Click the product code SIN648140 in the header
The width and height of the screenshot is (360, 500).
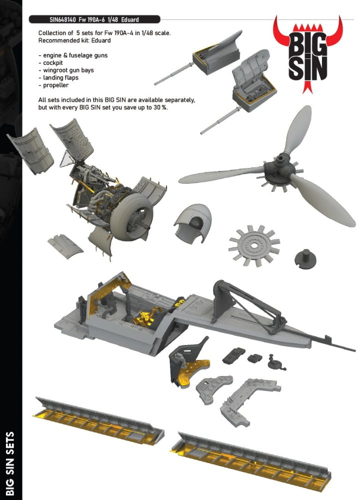coord(62,19)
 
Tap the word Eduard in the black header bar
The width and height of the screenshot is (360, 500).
coord(130,19)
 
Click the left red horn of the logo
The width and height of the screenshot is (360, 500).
coord(280,35)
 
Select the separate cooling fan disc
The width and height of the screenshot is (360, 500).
coord(254,246)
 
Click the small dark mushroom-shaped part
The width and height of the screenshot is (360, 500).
coord(305,258)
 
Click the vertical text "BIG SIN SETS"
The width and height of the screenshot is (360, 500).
coord(10,463)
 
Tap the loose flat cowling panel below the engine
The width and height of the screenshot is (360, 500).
coord(65,245)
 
